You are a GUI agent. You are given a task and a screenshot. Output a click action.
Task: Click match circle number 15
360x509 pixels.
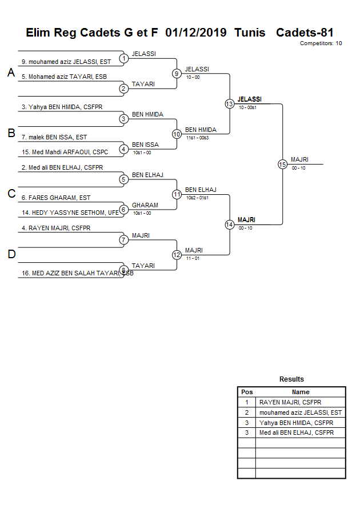282,165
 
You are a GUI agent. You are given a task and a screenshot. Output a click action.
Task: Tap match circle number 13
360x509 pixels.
229,104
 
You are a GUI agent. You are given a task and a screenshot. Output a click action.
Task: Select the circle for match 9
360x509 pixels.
177,74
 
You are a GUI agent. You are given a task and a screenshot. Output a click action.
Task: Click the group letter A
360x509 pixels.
11,73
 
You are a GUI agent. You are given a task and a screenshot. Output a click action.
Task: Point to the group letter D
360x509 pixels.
11,254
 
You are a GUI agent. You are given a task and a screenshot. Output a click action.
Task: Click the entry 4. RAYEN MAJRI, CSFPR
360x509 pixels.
56,229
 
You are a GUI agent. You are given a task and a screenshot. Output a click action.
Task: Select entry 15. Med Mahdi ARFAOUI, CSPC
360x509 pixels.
65,152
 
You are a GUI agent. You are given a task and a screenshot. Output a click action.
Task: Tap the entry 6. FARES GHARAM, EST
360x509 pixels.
56,198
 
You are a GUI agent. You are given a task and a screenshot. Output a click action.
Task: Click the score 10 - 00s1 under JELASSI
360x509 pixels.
247,107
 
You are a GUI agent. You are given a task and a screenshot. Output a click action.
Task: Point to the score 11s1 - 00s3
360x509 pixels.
197,138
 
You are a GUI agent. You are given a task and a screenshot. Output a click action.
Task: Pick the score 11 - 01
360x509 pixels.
193,258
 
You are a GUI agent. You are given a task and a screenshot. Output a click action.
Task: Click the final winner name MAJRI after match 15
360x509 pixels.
299,159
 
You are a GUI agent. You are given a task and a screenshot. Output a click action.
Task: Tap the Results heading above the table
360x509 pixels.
291,379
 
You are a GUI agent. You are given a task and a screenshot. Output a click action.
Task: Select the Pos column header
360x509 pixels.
247,392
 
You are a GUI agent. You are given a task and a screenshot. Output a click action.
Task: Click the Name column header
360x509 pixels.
301,392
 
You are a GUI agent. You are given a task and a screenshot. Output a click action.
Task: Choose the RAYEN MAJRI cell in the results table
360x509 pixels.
290,402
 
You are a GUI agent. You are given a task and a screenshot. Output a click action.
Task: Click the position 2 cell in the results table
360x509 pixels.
247,412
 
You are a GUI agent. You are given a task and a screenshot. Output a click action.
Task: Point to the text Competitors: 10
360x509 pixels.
321,43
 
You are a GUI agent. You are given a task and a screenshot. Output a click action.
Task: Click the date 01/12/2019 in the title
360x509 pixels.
195,33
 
